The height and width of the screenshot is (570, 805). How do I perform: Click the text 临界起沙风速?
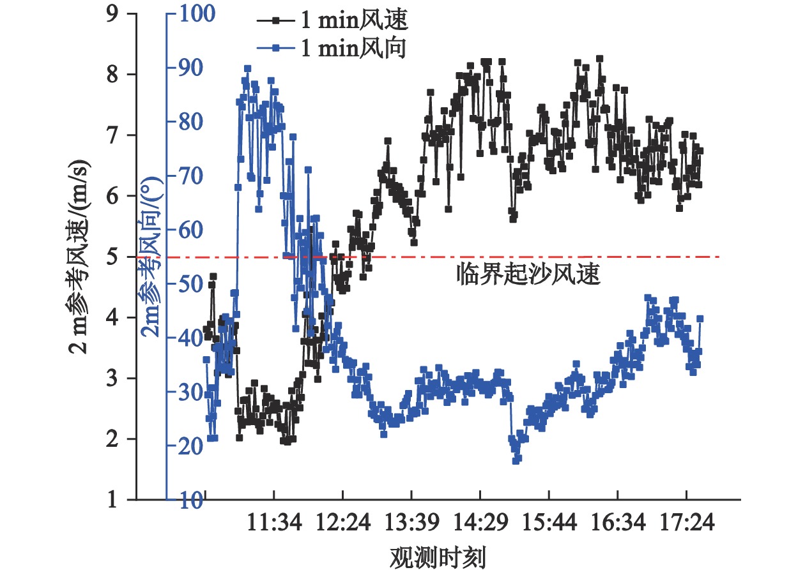point(528,274)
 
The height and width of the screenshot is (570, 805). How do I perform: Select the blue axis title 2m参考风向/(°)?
point(151,257)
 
